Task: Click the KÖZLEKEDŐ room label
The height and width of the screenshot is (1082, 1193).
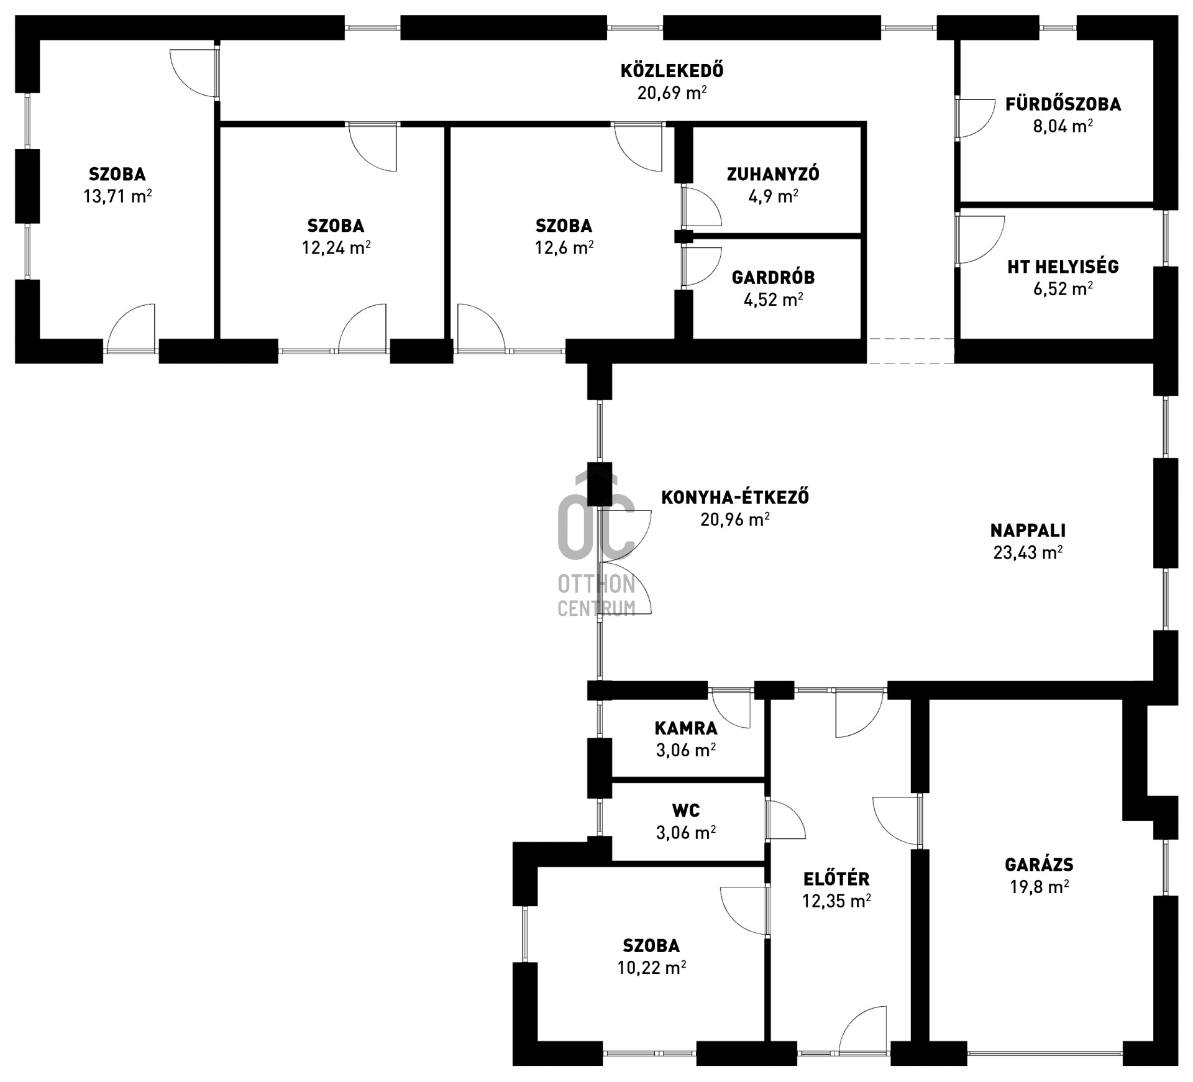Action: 672,71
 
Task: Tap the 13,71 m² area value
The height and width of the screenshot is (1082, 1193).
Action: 117,196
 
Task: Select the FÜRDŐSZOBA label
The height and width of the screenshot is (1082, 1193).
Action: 1063,104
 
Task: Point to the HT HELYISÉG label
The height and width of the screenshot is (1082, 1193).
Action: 1063,267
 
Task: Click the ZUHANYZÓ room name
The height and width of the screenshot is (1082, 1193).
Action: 773,174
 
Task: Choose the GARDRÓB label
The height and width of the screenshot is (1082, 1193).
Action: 773,277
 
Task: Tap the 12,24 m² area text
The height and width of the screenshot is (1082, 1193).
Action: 336,248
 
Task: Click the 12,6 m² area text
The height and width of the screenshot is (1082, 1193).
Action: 564,248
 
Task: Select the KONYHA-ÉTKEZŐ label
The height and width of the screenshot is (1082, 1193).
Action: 735,497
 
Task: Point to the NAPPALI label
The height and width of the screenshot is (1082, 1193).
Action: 1028,531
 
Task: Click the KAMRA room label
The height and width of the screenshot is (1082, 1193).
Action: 686,728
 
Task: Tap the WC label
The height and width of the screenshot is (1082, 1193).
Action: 686,810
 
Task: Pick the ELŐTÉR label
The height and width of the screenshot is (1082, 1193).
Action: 836,879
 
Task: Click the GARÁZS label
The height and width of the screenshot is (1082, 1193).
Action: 1039,864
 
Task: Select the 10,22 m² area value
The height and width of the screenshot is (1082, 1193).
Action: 652,968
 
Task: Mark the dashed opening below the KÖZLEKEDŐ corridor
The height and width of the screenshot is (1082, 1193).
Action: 910,351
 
